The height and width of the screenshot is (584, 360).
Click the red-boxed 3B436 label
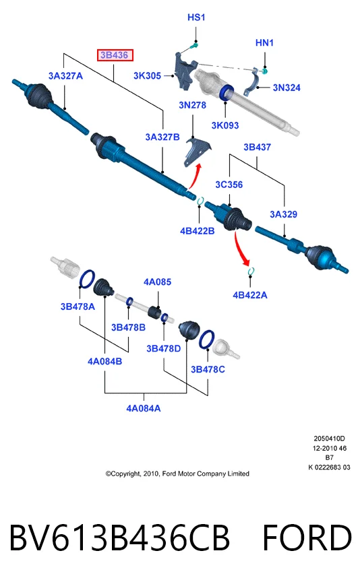tap(115, 55)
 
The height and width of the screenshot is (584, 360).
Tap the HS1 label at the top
tap(196, 17)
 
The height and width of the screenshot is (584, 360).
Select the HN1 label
tap(264, 43)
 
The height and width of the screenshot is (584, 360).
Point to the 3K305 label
tap(147, 75)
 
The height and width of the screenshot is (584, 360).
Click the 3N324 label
tap(287, 88)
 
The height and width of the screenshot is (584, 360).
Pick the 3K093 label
tap(224, 125)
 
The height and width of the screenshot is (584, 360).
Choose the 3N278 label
tap(192, 105)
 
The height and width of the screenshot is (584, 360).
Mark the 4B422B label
tap(197, 231)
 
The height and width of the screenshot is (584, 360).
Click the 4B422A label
tap(249, 295)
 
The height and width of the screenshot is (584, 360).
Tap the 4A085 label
tap(157, 282)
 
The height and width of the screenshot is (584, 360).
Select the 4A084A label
tap(143, 408)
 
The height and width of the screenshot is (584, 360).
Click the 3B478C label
tap(208, 369)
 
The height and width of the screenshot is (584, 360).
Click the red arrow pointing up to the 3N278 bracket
tap(195, 176)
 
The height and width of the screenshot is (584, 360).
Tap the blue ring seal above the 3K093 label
tap(226, 93)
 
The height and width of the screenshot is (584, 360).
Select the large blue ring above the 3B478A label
tap(87, 279)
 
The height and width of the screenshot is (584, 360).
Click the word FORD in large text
tap(307, 538)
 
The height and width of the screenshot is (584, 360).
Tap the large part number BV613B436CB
tap(119, 538)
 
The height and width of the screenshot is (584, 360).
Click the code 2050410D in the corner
tap(329, 439)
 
